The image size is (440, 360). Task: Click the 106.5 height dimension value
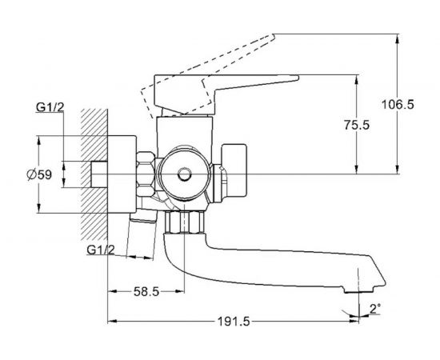[398, 105]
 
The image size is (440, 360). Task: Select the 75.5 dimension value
[358, 125]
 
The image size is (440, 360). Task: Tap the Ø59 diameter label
[39, 175]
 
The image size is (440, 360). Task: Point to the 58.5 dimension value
[146, 292]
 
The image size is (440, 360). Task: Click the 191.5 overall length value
[234, 322]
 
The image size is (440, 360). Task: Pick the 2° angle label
[375, 309]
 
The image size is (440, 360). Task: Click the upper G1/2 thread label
[50, 107]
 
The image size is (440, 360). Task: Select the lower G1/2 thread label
[101, 250]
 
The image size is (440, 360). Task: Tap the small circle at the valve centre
[184, 174]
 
